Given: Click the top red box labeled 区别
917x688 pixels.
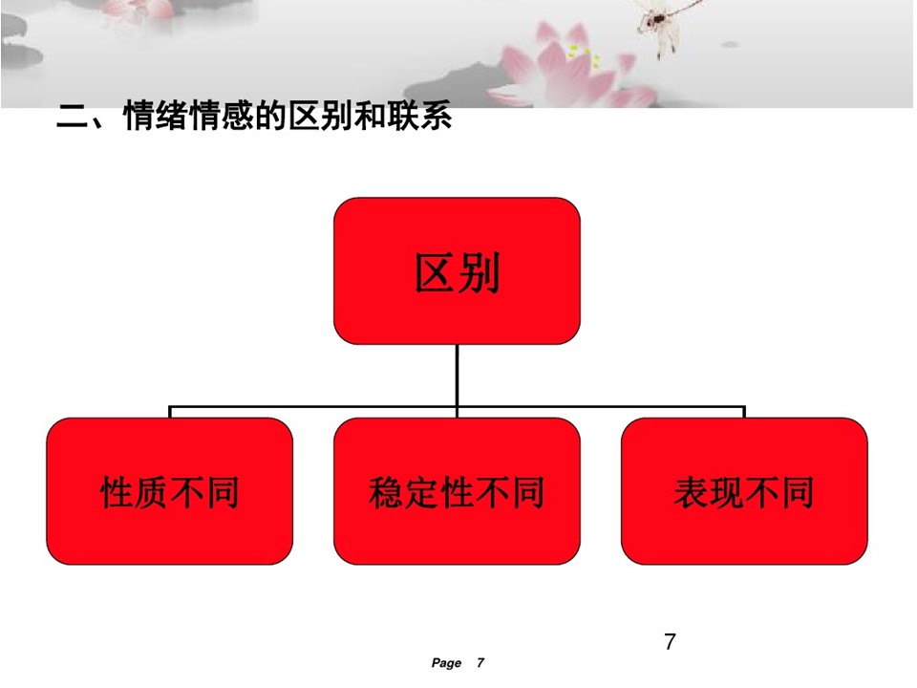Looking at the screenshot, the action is click(457, 270).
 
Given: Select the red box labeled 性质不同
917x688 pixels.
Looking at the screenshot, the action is click(170, 491).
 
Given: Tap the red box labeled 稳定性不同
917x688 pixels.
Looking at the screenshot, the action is click(457, 491).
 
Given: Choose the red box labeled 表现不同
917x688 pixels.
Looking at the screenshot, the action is click(744, 491).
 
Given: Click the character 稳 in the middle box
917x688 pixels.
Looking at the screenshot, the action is click(387, 492).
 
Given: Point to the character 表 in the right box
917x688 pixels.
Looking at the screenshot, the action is click(692, 492).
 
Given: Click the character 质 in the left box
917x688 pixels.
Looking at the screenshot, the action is click(152, 492).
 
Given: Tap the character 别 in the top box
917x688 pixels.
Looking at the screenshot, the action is click(479, 272).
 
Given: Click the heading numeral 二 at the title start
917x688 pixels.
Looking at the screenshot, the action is click(72, 116).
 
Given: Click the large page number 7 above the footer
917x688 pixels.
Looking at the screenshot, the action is click(671, 642).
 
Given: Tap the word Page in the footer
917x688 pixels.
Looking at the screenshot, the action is click(446, 663).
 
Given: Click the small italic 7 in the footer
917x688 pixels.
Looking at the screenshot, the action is click(480, 662).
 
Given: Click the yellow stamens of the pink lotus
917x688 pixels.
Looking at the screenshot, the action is click(586, 55).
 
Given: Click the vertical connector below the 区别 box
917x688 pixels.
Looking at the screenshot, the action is click(457, 375).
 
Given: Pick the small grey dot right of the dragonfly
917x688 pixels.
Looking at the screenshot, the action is click(729, 45).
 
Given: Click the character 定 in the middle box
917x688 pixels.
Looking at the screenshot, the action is click(421, 492).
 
